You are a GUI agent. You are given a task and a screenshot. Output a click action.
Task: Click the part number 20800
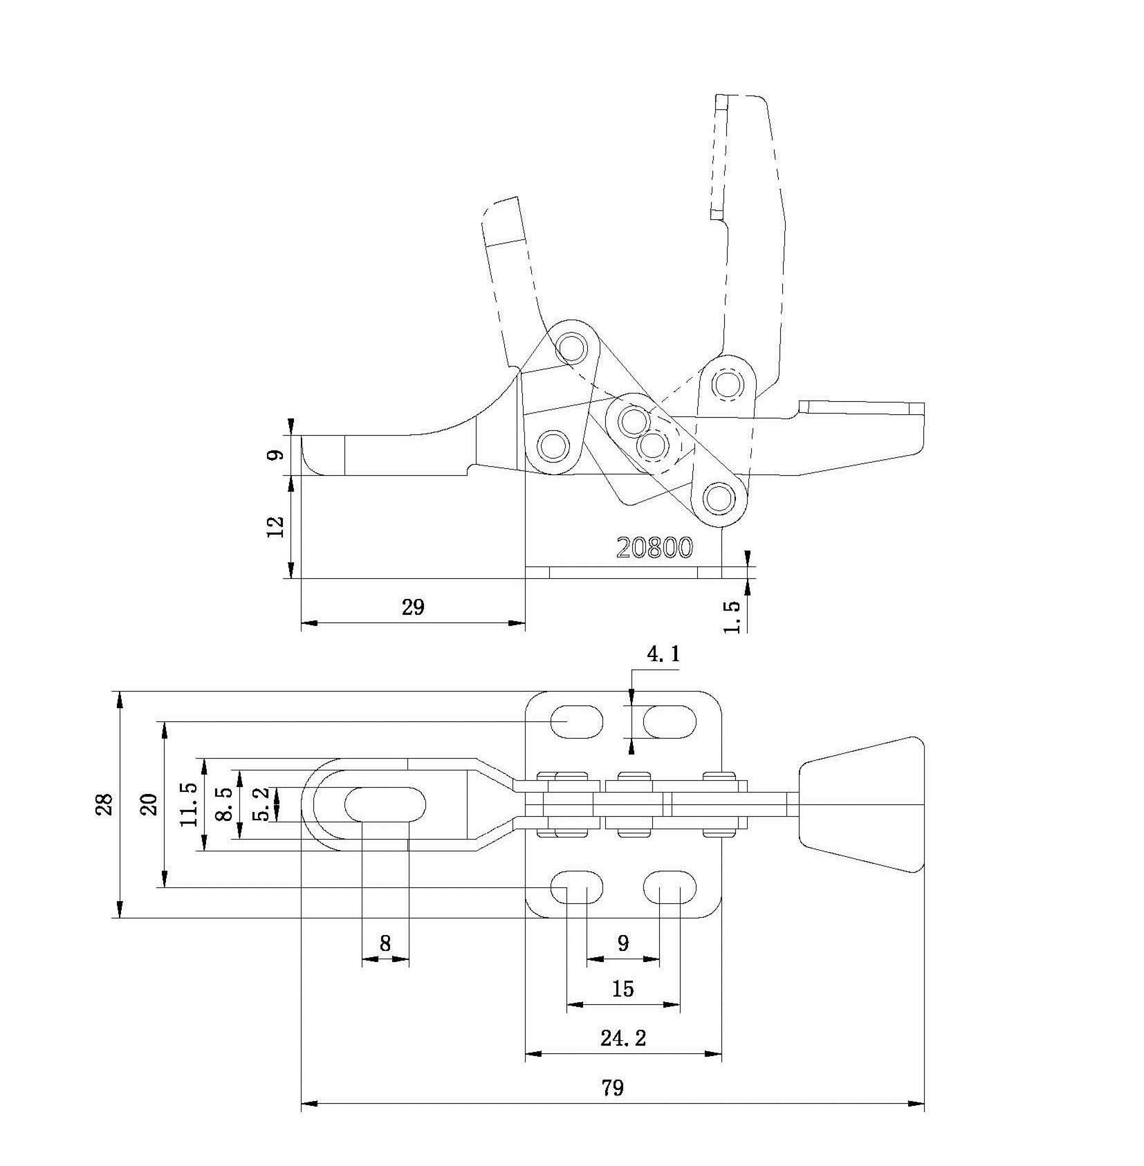pyautogui.click(x=654, y=548)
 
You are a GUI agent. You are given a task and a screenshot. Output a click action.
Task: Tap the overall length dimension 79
pyautogui.click(x=612, y=1088)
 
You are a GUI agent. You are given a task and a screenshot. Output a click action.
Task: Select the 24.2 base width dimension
pyautogui.click(x=623, y=1037)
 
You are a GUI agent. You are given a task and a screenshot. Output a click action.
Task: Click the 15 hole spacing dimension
pyautogui.click(x=622, y=988)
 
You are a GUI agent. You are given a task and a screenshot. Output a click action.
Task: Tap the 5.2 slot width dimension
pyautogui.click(x=261, y=805)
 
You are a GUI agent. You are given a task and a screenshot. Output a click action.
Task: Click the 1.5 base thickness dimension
pyautogui.click(x=732, y=616)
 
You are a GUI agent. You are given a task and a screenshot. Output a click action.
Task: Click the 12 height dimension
pyautogui.click(x=275, y=526)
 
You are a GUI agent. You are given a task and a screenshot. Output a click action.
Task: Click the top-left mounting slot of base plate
pyautogui.click(x=577, y=721)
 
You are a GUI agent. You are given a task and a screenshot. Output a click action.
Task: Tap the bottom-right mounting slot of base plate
pyautogui.click(x=670, y=887)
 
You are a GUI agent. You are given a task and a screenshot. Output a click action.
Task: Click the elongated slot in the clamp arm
pyautogui.click(x=385, y=804)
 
